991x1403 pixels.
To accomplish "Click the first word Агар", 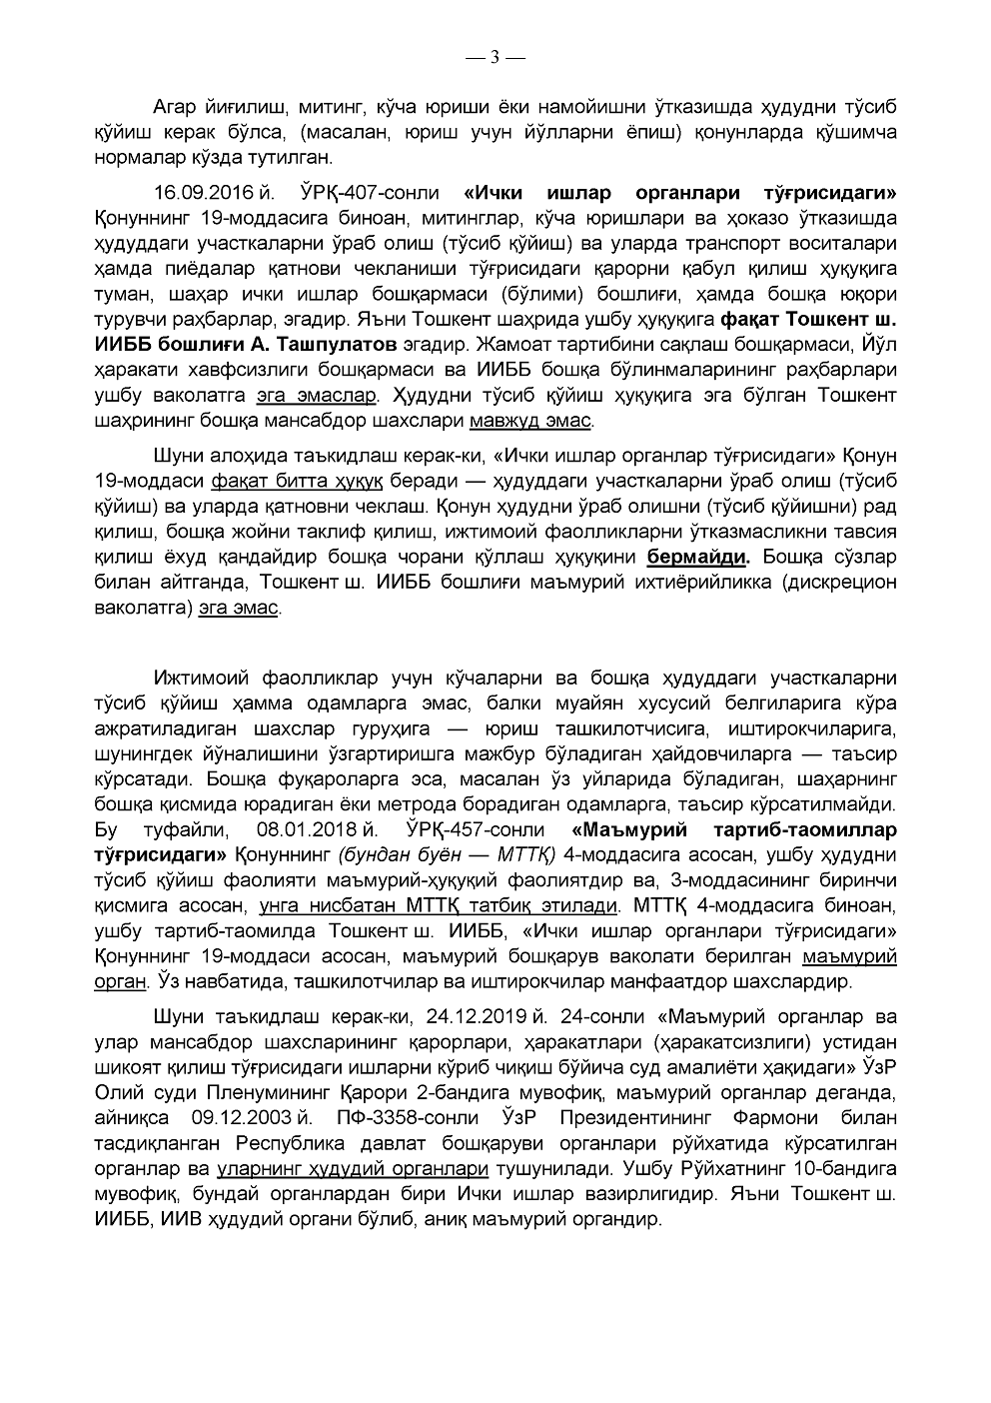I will click(x=176, y=106).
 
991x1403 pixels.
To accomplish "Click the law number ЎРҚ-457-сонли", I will click(x=476, y=830).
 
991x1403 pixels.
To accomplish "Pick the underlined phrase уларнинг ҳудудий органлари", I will click(x=352, y=1168).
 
